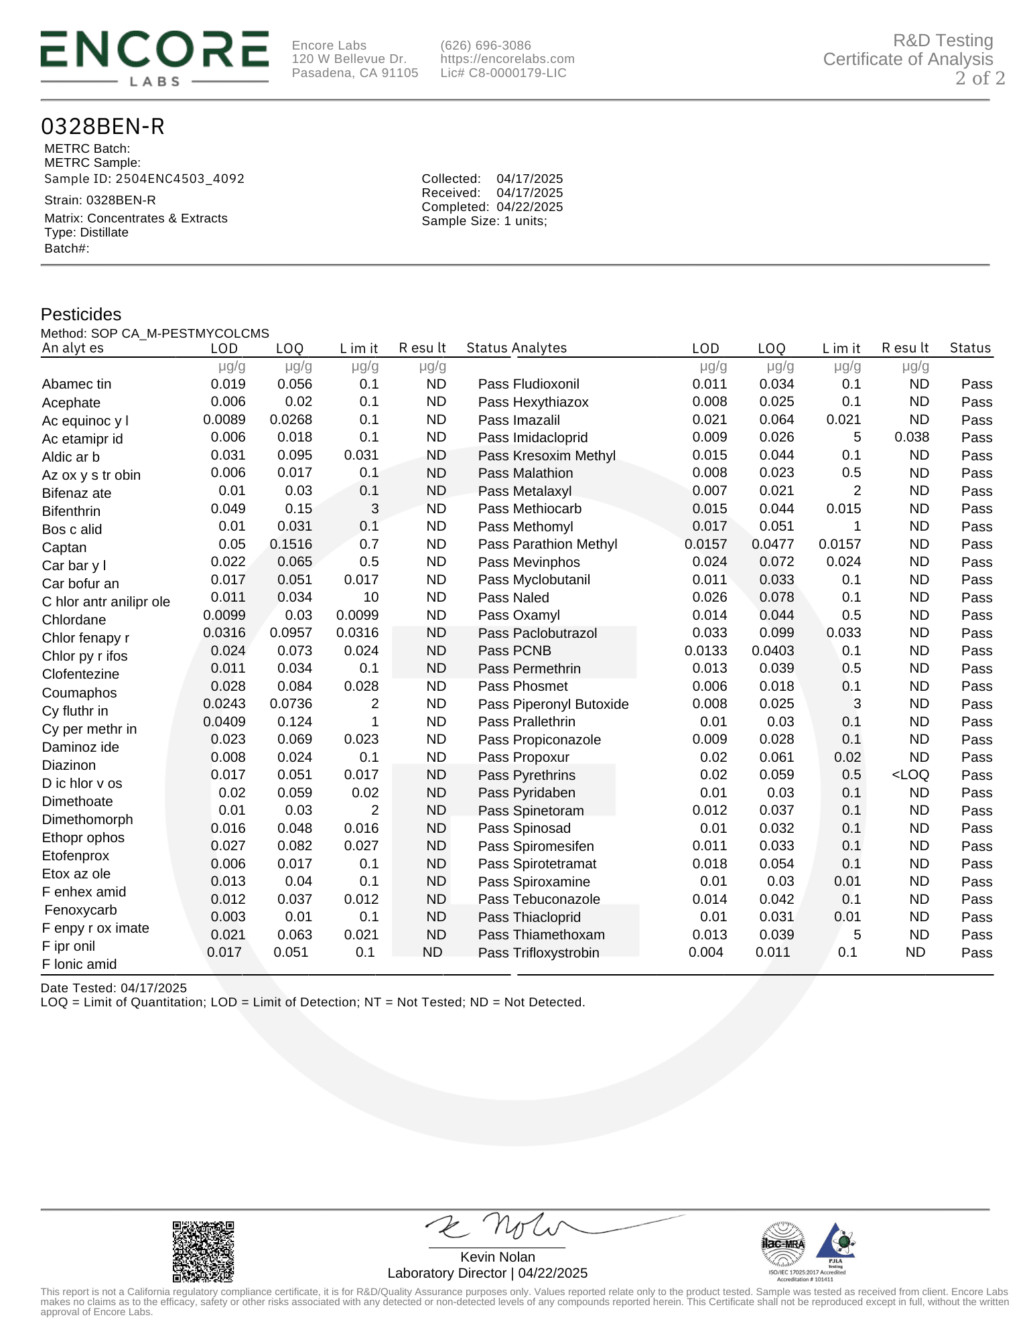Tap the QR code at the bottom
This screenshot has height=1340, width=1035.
point(204,1251)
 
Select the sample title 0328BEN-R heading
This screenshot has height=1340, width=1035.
point(102,127)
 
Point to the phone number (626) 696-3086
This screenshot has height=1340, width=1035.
point(486,46)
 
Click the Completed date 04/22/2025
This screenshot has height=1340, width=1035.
point(529,207)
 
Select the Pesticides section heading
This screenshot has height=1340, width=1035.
point(81,314)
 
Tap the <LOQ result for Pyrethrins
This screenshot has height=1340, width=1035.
point(910,775)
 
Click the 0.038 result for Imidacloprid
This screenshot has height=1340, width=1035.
point(912,438)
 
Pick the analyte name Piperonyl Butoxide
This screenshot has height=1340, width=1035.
point(571,704)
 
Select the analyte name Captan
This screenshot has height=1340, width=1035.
point(64,547)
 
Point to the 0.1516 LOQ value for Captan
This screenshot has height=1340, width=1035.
point(291,544)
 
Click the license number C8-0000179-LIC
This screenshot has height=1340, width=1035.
point(503,73)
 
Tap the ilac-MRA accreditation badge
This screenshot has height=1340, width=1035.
point(783,1244)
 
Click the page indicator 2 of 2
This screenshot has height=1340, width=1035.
point(979,78)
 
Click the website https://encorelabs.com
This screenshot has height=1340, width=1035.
point(507,59)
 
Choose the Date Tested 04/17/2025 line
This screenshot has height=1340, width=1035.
point(114,988)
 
